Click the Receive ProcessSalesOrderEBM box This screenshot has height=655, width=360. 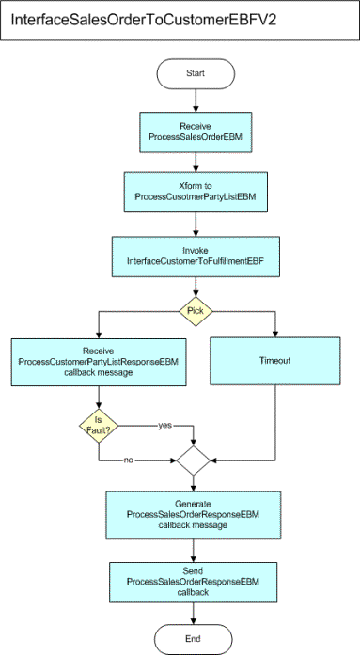pyautogui.click(x=193, y=133)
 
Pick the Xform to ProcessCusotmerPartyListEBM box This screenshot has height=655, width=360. pyautogui.click(x=193, y=191)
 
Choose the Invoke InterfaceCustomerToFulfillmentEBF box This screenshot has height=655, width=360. pyautogui.click(x=193, y=252)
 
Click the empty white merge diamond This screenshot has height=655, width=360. pyautogui.click(x=193, y=460)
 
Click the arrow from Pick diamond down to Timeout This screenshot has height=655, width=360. pyautogui.click(x=274, y=320)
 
